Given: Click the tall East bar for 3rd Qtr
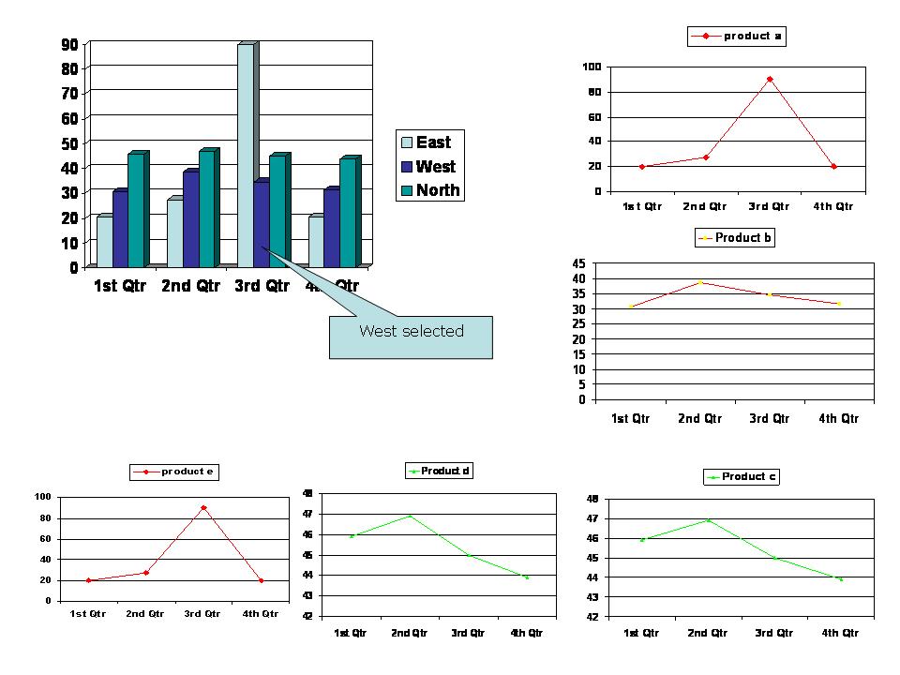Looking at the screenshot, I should point(246,155).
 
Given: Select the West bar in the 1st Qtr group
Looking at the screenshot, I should point(120,229).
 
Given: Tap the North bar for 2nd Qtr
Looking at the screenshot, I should point(206,208).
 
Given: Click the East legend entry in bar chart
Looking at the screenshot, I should point(432,142).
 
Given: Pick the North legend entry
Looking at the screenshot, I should point(437,190).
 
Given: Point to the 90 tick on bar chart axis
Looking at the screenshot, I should point(69,44).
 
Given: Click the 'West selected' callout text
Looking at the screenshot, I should point(412,331).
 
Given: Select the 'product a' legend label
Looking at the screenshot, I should point(752,37).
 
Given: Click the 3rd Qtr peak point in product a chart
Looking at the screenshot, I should point(770,80).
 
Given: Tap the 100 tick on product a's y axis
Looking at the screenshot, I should point(592,67).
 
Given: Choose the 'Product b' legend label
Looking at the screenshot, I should point(742,238).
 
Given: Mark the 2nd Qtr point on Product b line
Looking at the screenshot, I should point(700,282).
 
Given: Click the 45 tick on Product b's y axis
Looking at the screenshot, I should point(578,264).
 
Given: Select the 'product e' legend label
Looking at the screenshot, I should point(188,472).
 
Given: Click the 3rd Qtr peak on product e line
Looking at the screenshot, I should point(203,507).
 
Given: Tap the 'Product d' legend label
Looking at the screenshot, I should point(445,471).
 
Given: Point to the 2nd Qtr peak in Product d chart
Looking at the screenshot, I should point(410,516).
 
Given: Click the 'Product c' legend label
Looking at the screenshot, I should point(748,477).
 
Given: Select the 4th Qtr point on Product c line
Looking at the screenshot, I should point(840,578).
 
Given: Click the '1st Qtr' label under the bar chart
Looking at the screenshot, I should point(120,286).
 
